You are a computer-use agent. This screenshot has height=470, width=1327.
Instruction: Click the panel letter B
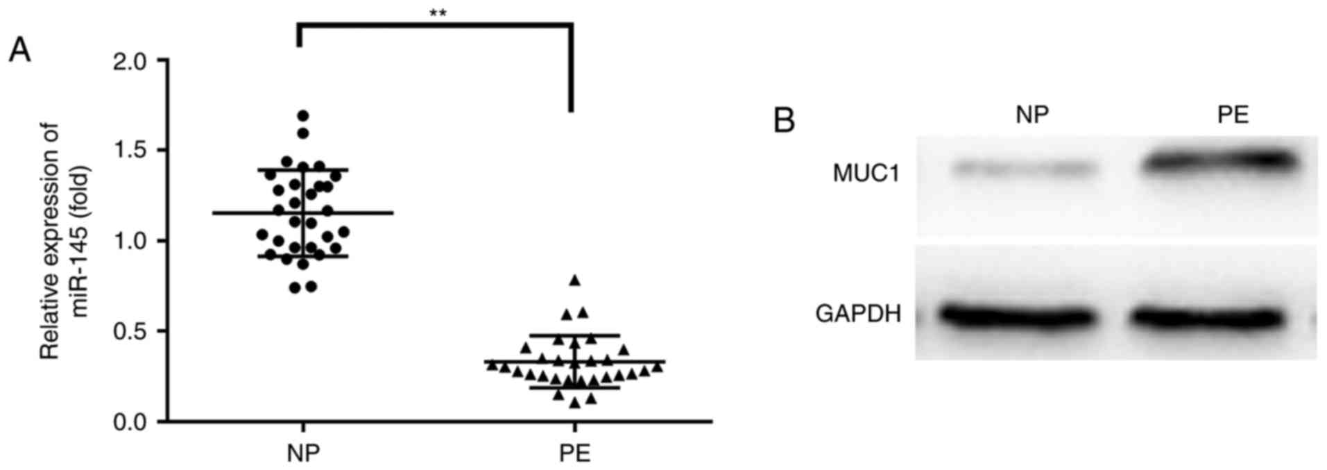click(x=784, y=120)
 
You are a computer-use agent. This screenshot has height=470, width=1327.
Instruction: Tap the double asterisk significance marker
click(x=437, y=12)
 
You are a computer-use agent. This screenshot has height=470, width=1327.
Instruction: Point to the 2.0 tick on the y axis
click(x=130, y=62)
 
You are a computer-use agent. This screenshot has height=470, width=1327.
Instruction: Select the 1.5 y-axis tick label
click(x=130, y=151)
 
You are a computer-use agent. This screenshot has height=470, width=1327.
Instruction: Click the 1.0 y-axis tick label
click(x=130, y=242)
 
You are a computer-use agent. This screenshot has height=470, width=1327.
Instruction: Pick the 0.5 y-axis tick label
click(x=130, y=332)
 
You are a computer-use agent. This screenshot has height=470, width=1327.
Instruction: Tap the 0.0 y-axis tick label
click(x=130, y=422)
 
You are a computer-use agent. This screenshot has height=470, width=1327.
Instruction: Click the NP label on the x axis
click(x=303, y=453)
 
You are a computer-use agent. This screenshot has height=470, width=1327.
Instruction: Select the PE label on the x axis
click(x=574, y=453)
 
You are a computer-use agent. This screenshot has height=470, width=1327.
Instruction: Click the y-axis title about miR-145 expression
click(x=63, y=242)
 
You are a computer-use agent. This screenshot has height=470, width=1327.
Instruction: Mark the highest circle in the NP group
click(x=303, y=116)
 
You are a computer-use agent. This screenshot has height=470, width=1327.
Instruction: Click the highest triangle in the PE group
click(x=574, y=280)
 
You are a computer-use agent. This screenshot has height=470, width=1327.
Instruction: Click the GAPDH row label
click(x=858, y=314)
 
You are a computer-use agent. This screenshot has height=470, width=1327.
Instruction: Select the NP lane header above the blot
click(x=1032, y=115)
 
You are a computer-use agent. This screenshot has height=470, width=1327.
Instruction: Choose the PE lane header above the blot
click(x=1233, y=115)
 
